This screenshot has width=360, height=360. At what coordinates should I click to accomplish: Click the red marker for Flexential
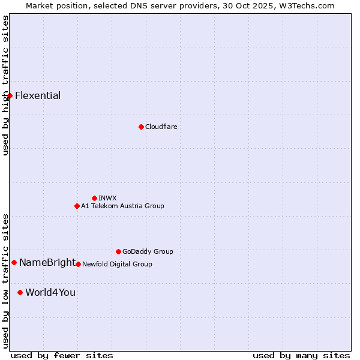[x=10, y=95]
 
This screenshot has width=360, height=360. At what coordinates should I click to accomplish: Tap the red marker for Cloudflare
[x=141, y=127]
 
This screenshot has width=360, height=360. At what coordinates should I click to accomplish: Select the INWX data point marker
[x=94, y=198]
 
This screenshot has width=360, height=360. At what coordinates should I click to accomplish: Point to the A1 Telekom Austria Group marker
[x=77, y=206]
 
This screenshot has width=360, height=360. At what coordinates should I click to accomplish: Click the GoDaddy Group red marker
[x=118, y=251]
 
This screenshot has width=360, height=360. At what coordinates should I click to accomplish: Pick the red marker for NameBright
[x=14, y=262]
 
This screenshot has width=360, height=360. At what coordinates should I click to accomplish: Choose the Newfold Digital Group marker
[x=78, y=264]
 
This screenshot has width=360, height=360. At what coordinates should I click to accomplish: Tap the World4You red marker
[x=20, y=292]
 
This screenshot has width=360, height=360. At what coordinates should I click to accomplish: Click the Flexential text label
[x=38, y=95]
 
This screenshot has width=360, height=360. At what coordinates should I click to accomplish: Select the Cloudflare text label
[x=161, y=127]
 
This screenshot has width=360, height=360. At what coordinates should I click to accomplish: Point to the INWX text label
[x=107, y=198]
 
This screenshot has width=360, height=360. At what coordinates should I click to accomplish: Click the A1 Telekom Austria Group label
[x=122, y=206]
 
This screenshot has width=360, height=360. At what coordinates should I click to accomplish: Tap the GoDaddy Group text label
[x=148, y=251]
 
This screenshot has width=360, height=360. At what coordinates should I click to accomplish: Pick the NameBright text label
[x=47, y=262]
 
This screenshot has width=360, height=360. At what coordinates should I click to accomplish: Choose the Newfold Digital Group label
[x=117, y=264]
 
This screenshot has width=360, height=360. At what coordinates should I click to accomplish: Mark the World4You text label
[x=50, y=292]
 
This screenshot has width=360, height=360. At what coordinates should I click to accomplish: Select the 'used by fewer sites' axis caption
[x=62, y=355]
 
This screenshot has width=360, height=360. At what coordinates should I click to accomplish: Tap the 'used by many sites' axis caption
[x=301, y=355]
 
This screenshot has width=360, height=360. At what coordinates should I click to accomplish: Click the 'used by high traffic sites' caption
[x=5, y=85]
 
